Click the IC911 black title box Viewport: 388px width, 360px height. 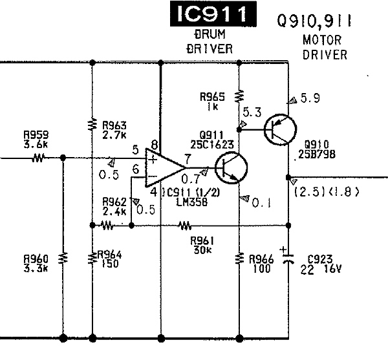[x=213, y=14]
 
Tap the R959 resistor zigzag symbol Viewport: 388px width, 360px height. [x=38, y=158]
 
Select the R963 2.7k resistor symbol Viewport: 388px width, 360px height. [x=92, y=124]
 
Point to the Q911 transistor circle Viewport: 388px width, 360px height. [x=231, y=168]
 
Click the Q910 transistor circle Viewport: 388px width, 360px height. [x=281, y=129]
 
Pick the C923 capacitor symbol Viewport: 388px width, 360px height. [x=288, y=259]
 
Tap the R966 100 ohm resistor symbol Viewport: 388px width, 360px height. [x=239, y=259]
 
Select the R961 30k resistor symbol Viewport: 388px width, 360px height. [x=185, y=226]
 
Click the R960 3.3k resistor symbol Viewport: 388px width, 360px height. [x=63, y=259]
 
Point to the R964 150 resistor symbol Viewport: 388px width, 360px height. [x=92, y=259]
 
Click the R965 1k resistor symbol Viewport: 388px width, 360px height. [x=239, y=96]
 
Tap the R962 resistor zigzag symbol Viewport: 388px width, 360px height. [x=107, y=226]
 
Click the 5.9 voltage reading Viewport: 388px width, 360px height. [x=310, y=98]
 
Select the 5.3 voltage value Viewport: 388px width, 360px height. [x=252, y=112]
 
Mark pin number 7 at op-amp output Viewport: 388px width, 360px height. [x=188, y=159]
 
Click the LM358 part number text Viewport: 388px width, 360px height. [x=192, y=203]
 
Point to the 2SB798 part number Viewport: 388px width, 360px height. [x=317, y=154]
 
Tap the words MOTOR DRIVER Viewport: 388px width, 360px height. [x=325, y=47]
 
